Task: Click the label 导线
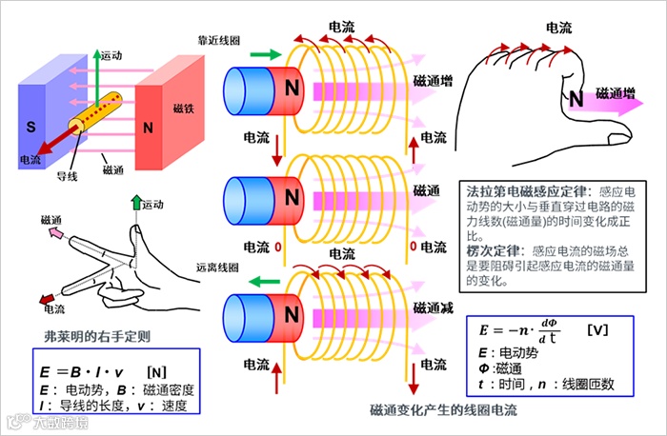(68, 176)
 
